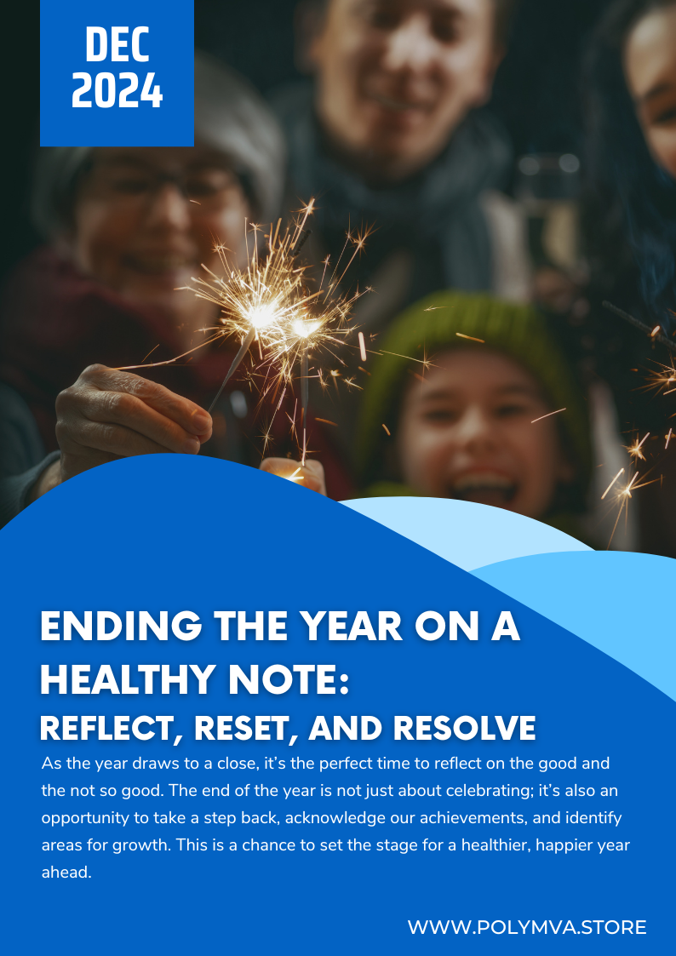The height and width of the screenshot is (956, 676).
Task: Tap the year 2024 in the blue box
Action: pos(117,91)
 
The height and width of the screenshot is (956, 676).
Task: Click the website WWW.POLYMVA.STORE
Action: pos(527,927)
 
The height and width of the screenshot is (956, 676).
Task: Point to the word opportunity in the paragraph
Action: pos(80,818)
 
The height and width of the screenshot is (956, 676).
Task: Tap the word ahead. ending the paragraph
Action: pos(66,873)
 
